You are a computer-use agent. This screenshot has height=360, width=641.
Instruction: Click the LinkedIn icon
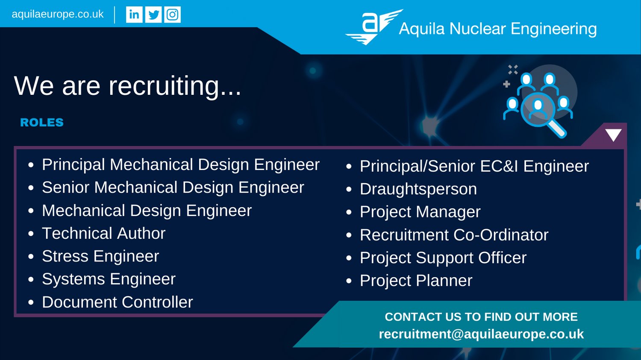134,15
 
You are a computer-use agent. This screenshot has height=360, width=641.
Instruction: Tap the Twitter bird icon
153,15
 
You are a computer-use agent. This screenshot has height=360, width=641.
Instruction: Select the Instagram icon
172,15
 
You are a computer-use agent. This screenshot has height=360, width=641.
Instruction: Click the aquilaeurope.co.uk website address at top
58,14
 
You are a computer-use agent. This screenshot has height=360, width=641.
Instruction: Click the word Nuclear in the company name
477,29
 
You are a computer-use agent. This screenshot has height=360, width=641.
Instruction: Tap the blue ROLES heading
42,123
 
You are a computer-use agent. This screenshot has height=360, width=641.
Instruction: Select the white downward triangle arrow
613,135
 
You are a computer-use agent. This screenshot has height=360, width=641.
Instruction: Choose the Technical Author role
103,233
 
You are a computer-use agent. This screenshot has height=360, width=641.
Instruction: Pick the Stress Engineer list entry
100,256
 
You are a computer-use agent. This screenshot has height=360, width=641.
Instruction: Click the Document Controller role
118,302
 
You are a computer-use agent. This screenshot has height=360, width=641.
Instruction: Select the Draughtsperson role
418,189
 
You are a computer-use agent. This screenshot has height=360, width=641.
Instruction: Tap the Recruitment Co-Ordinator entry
454,235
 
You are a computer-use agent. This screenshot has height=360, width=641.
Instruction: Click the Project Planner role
416,281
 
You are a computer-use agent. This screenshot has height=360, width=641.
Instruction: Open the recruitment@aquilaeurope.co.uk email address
481,334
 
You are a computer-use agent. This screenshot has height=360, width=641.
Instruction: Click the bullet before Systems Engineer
31,279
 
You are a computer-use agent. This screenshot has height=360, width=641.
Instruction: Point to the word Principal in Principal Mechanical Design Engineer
74,165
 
